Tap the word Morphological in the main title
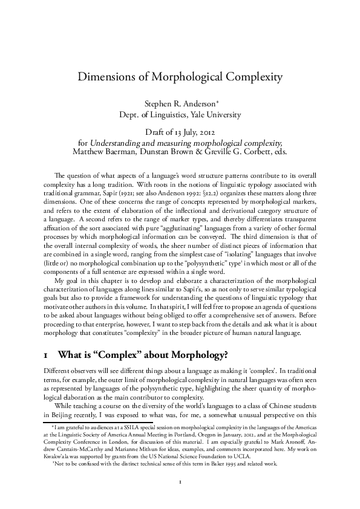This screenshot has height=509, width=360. pyautogui.click(x=190, y=77)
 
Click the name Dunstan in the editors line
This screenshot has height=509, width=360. pyautogui.click(x=165, y=151)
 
